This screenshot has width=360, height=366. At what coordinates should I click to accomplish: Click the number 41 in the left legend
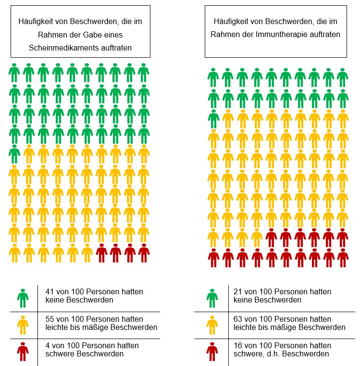pyautogui.click(x=50, y=291)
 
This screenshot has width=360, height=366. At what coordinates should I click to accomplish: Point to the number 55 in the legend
pyautogui.click(x=50, y=319)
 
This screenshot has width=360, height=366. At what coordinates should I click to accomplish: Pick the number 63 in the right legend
pyautogui.click(x=238, y=319)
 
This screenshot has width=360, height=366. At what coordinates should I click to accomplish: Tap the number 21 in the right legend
pyautogui.click(x=238, y=291)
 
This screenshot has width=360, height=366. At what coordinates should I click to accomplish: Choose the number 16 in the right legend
pyautogui.click(x=238, y=345)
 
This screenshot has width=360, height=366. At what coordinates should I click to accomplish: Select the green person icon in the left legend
pyautogui.click(x=23, y=298)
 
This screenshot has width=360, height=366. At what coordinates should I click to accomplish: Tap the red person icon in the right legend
pyautogui.click(x=212, y=352)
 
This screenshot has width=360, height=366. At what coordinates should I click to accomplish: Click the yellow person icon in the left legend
pyautogui.click(x=23, y=325)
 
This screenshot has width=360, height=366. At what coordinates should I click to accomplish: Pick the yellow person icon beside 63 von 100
pyautogui.click(x=212, y=325)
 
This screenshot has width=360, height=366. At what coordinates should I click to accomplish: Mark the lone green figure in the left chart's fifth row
pyautogui.click(x=14, y=154)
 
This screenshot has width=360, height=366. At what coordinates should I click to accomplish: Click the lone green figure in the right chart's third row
pyautogui.click(x=213, y=119)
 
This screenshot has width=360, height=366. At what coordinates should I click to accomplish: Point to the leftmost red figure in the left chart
pyautogui.click(x=101, y=253)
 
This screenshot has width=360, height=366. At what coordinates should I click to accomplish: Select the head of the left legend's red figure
pyautogui.click(x=23, y=344)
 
